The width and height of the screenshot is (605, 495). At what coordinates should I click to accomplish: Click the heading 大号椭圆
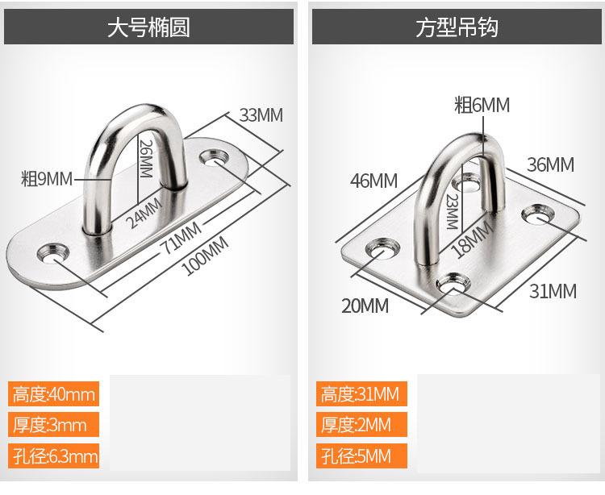tap(148, 29)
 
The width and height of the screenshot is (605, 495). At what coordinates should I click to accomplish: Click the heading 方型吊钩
tap(457, 29)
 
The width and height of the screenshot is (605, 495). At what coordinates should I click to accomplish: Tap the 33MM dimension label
tap(261, 114)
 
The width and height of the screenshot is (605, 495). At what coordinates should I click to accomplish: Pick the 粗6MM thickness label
tap(482, 105)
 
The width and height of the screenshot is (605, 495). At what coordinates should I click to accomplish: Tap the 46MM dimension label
tap(373, 181)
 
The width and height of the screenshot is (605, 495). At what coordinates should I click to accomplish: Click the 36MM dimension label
tap(550, 165)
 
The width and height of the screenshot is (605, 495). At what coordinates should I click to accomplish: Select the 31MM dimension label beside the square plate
tap(553, 291)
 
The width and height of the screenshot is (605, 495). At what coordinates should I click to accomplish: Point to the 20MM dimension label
tap(364, 306)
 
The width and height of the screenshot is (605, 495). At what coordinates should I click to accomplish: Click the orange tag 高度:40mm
tap(54, 394)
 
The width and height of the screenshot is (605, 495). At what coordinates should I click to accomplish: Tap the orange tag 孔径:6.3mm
tap(55, 456)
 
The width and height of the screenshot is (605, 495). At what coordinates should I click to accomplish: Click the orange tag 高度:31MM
tap(361, 394)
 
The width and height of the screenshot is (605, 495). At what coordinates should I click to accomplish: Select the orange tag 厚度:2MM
tap(356, 425)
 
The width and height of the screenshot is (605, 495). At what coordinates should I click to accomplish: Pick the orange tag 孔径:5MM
tap(356, 456)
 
